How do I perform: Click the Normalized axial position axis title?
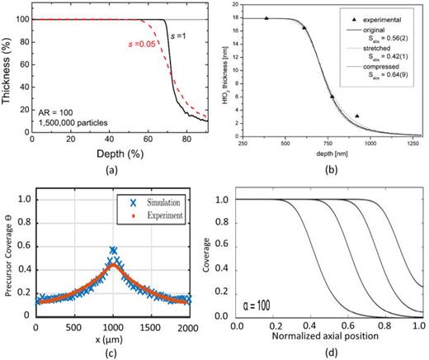pyautogui.click(x=327, y=337)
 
